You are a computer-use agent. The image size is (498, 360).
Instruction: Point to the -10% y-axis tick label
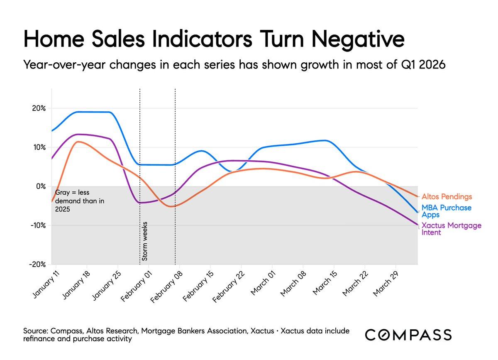pos(37,225)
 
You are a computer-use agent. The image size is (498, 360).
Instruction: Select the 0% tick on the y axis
pos(41,186)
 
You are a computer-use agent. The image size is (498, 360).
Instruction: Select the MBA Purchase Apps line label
pos(447,211)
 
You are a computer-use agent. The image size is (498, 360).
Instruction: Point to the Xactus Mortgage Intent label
pos(451,229)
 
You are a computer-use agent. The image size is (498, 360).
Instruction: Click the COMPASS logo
pos(408,335)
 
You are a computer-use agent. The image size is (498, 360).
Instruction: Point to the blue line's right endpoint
pos(417,212)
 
